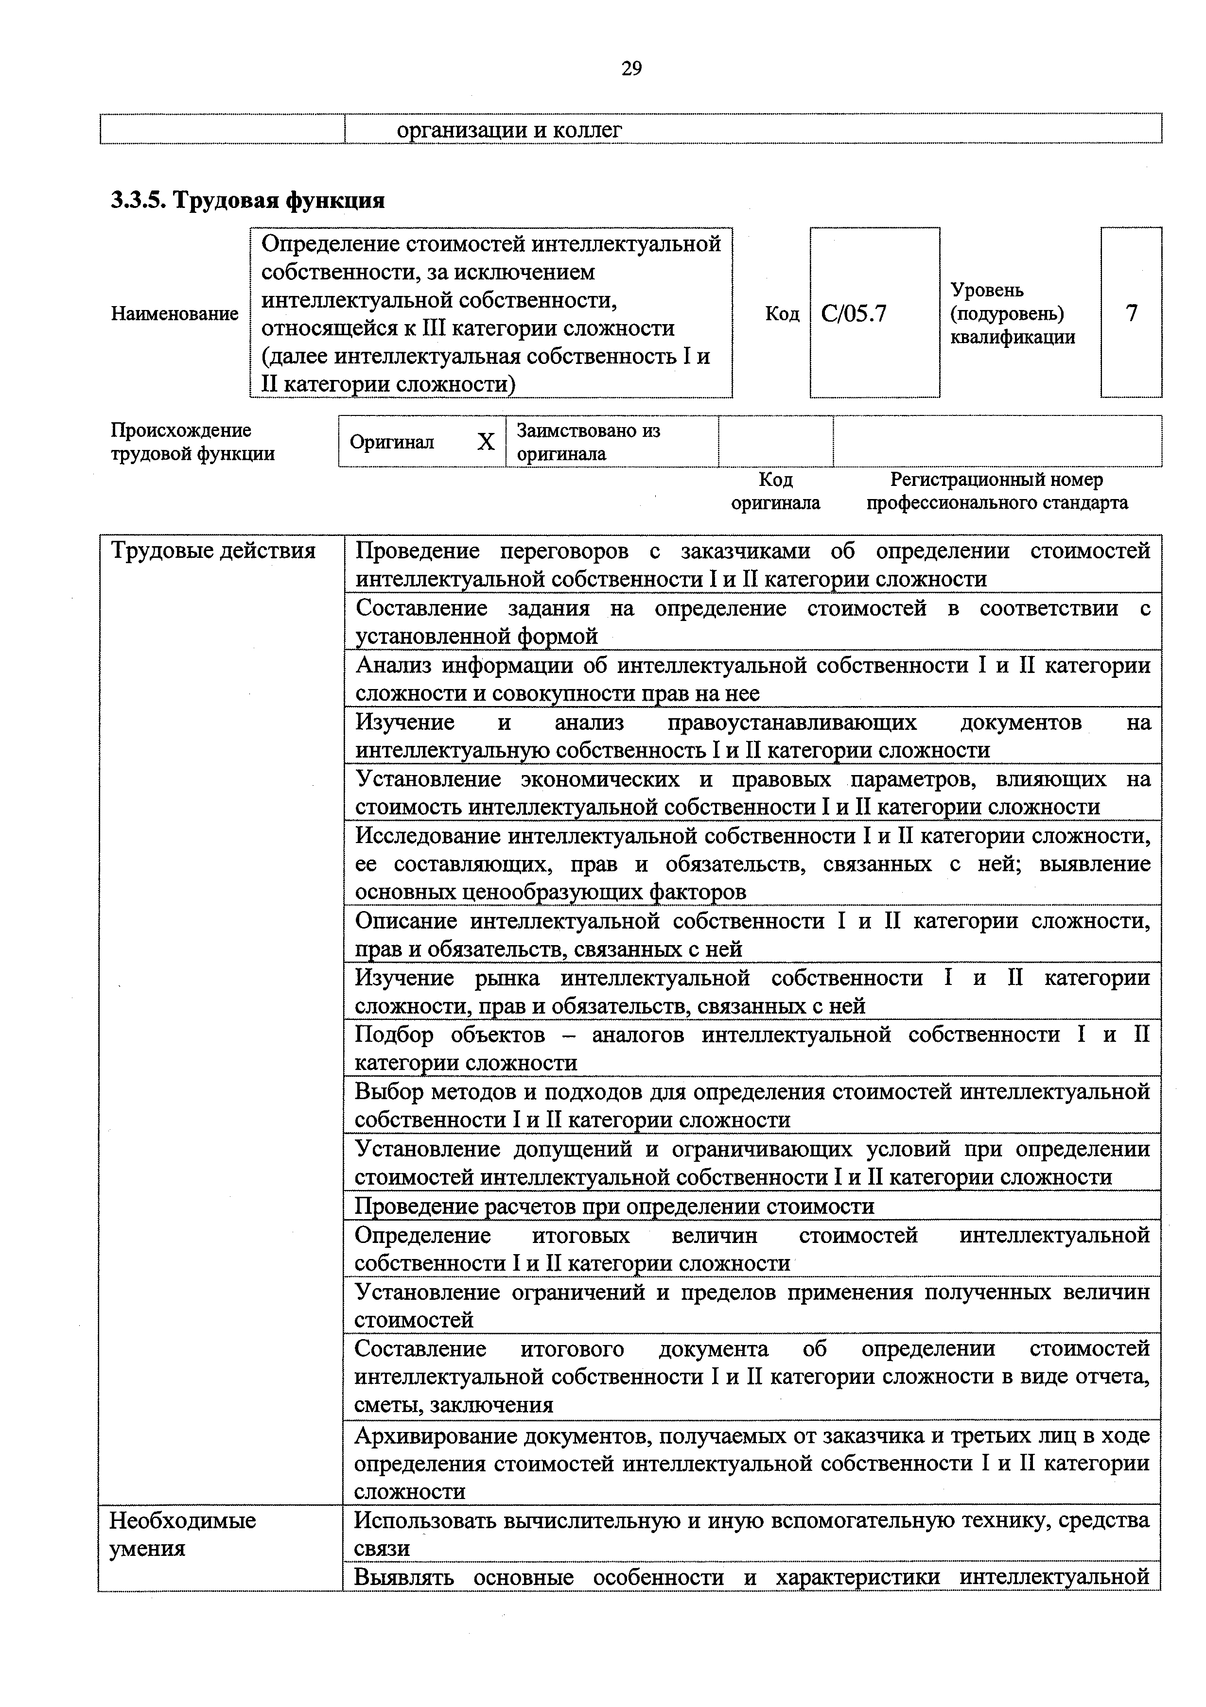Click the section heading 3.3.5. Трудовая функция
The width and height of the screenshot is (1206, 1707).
click(247, 201)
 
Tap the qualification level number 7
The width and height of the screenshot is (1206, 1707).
click(1131, 313)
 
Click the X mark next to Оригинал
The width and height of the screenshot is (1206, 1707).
click(486, 442)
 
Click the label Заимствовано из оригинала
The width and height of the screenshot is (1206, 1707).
click(588, 442)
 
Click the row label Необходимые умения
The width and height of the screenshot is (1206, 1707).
click(183, 1535)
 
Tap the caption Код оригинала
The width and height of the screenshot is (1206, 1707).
click(775, 491)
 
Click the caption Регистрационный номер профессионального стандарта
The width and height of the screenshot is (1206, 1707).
click(996, 491)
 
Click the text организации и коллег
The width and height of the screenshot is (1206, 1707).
click(509, 130)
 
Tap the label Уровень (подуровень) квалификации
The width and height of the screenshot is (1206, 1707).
click(1012, 313)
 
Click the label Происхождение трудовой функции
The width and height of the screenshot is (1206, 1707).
click(192, 442)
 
